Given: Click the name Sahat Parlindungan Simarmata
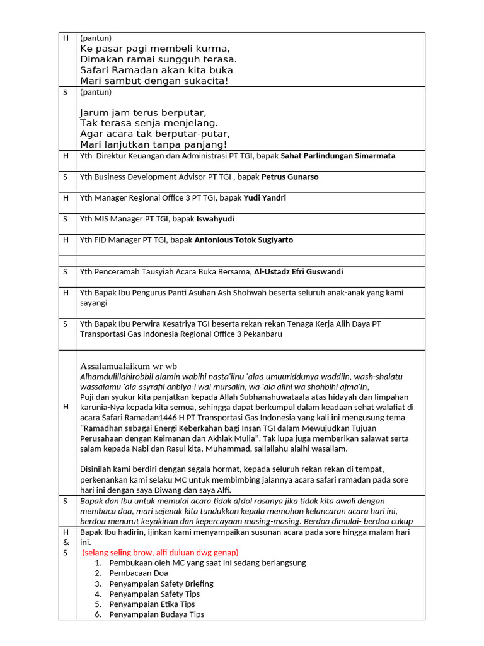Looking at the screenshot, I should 338,156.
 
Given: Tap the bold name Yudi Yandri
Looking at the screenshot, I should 265,198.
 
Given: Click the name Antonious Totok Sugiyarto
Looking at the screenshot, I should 243,240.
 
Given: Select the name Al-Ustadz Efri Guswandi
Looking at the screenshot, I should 298,272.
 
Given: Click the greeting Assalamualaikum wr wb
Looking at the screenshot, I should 129,366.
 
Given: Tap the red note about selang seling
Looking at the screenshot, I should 161,553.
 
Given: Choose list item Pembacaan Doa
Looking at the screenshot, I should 139,573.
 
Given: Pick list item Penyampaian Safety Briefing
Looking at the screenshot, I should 161,584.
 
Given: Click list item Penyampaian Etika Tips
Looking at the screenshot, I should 152,604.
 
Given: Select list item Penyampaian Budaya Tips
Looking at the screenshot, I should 156,614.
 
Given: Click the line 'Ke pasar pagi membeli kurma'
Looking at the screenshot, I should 155,49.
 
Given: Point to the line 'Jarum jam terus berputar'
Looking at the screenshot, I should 143,113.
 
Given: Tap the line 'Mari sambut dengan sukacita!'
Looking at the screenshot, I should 154,81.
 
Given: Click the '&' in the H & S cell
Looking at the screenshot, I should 66,543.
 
